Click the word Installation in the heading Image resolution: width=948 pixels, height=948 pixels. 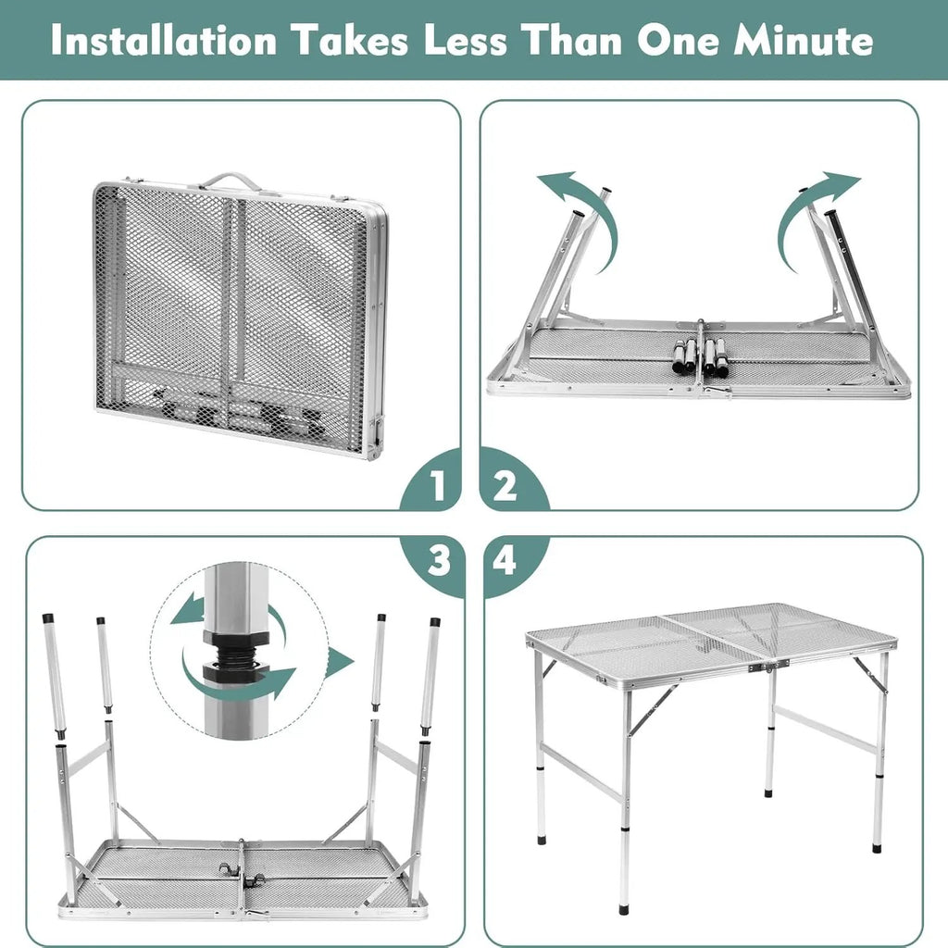(x=163, y=41)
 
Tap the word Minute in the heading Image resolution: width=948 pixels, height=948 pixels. (x=803, y=41)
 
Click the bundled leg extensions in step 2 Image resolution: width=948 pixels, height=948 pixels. (x=700, y=356)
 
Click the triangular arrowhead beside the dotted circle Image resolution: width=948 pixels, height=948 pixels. (x=339, y=663)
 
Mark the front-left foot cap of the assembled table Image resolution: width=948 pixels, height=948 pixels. (x=624, y=907)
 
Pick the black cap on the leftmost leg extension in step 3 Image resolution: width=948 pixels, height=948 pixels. (x=48, y=618)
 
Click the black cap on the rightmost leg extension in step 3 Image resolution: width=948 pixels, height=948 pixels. (x=435, y=621)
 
